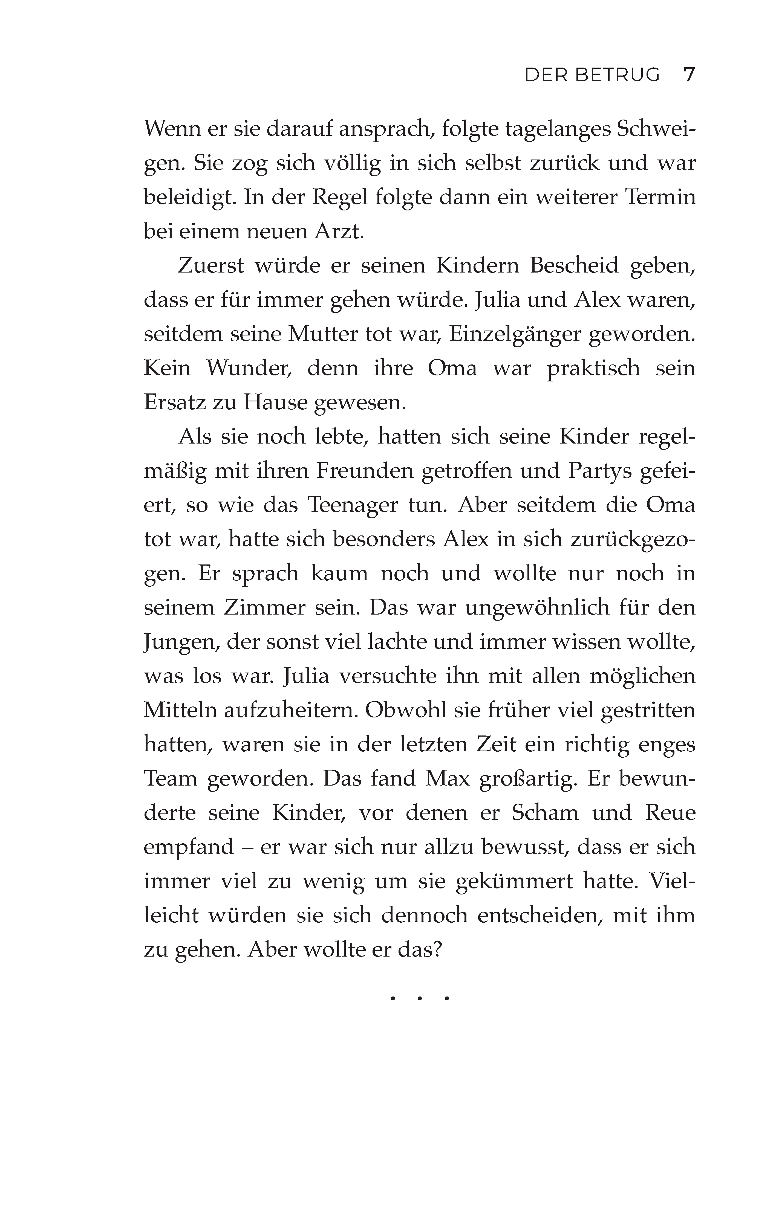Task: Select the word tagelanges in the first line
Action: click(558, 129)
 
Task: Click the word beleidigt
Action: click(189, 197)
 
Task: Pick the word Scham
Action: click(545, 812)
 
